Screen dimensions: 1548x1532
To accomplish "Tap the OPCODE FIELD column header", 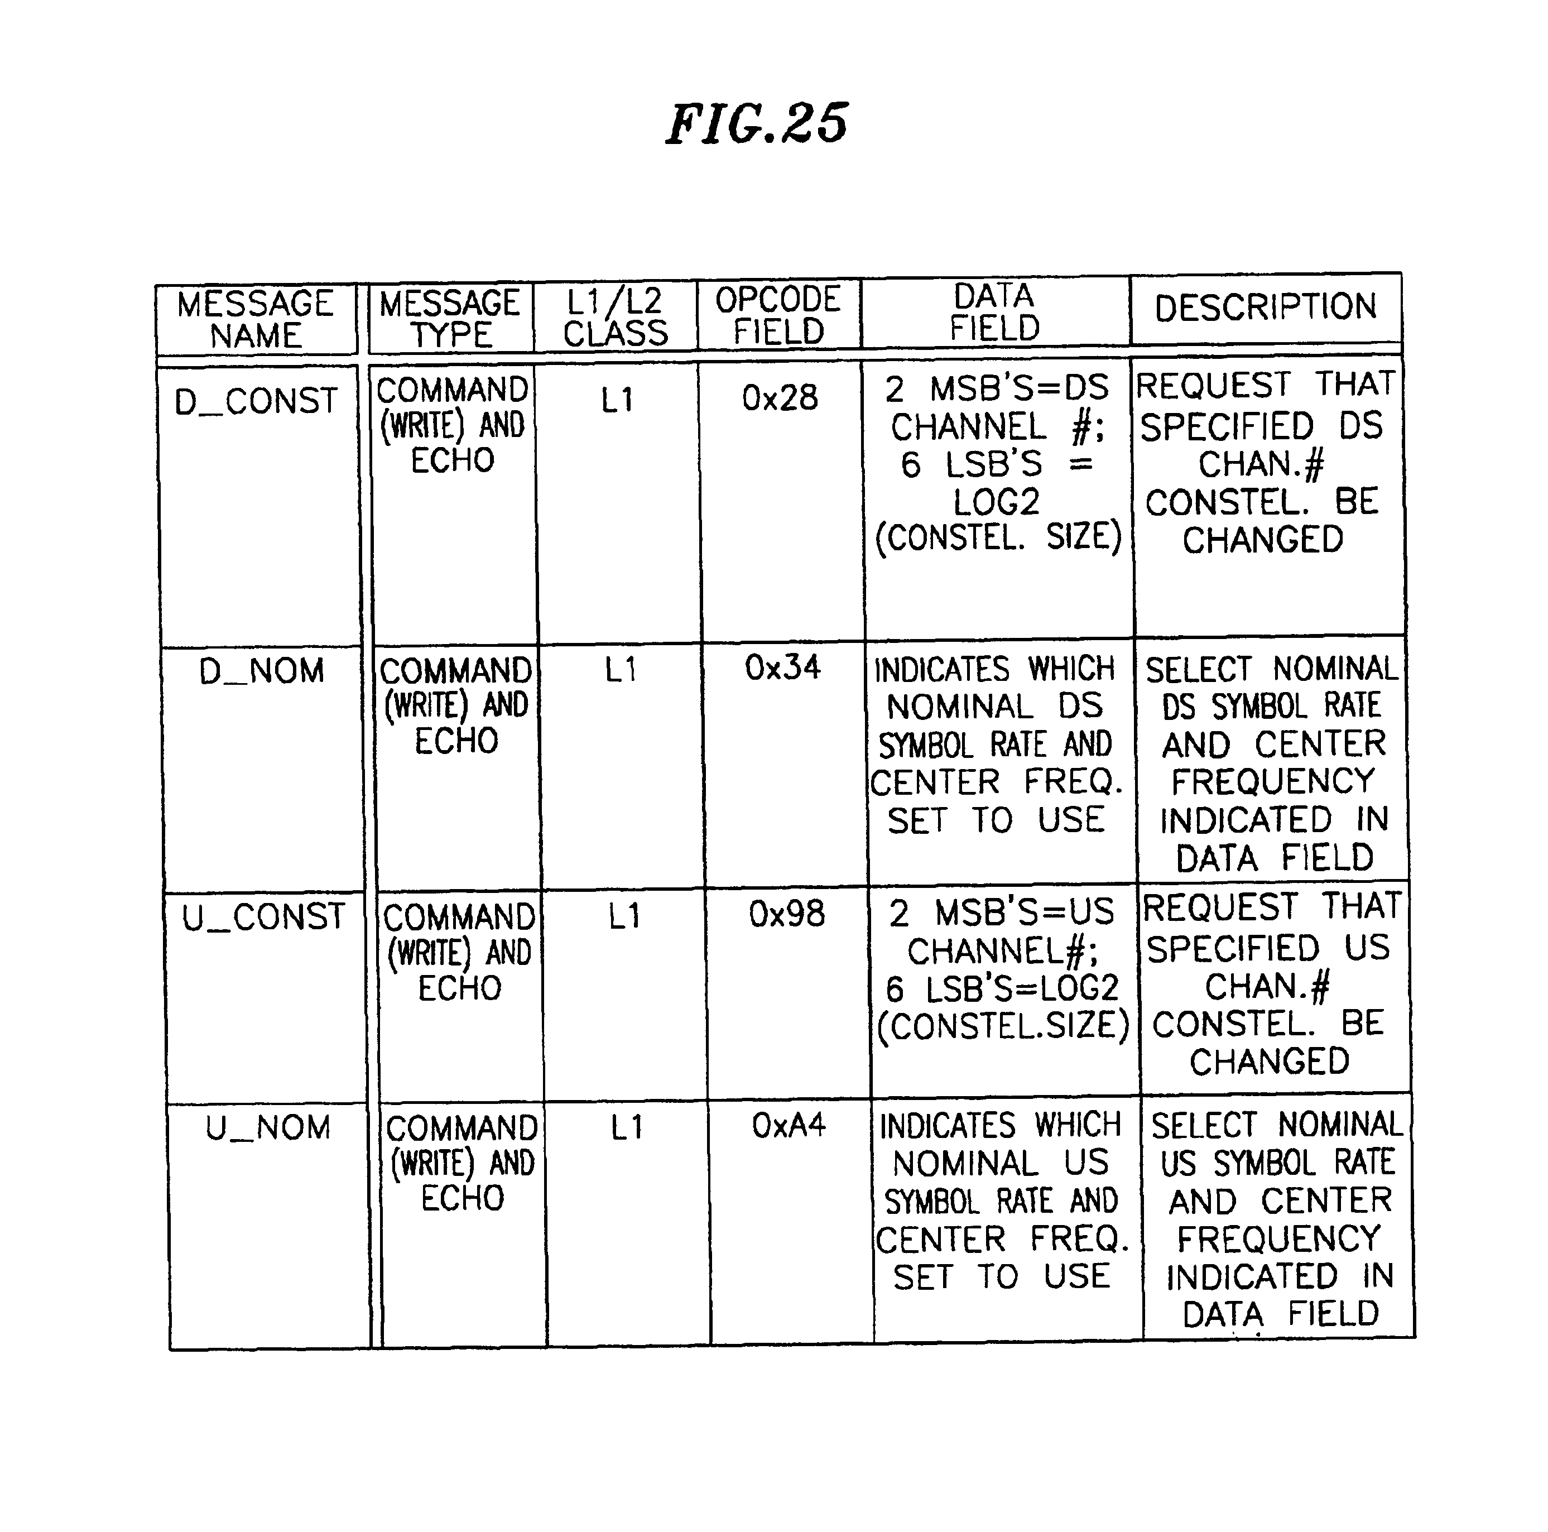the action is click(x=778, y=315).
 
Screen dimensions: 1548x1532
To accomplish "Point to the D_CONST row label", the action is click(x=256, y=401).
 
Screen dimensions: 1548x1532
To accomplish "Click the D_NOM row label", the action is click(x=262, y=671).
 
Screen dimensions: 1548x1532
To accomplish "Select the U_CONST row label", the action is click(x=263, y=916).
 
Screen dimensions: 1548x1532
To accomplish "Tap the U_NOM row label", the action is click(x=268, y=1128).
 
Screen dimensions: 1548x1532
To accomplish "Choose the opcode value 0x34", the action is click(x=783, y=667).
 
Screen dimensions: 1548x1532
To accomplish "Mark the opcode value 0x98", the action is click(x=787, y=914).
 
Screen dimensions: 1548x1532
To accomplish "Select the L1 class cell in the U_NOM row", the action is click(x=627, y=1128).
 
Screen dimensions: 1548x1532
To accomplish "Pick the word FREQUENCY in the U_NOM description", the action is click(x=1279, y=1240).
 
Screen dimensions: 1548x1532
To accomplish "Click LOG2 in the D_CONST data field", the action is click(x=996, y=502).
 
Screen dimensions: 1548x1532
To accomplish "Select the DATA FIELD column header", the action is click(x=994, y=313).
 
